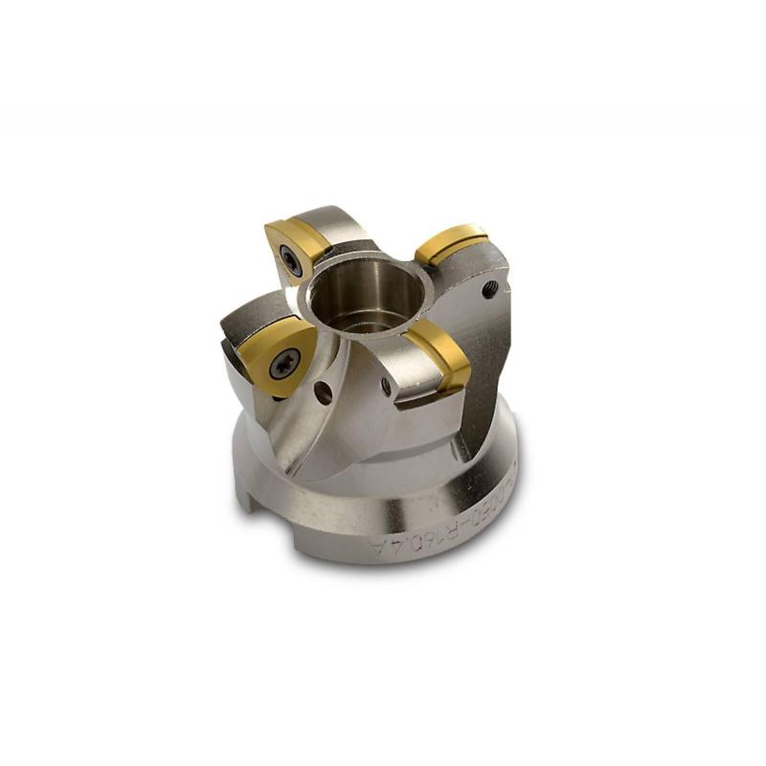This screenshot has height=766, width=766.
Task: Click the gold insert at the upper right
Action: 451,242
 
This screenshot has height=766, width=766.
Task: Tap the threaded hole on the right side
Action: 489,288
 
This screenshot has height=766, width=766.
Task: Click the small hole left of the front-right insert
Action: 386,386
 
